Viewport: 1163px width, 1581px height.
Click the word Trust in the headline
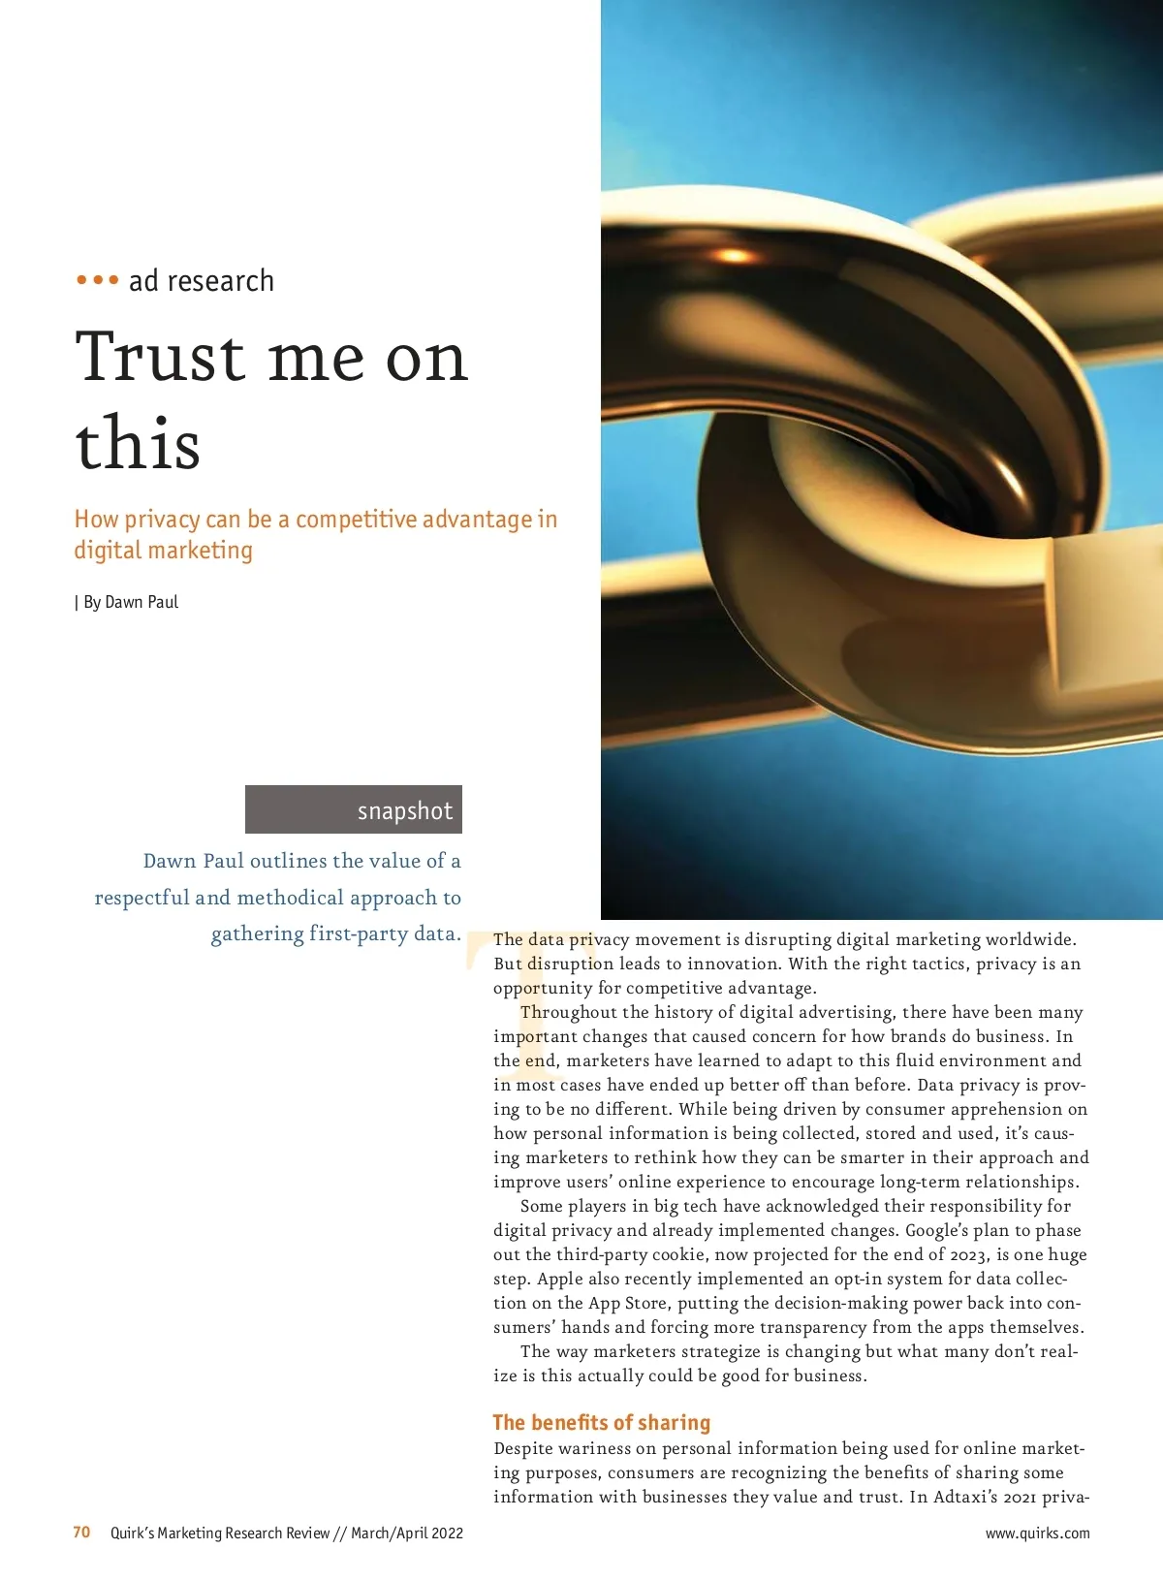[161, 357]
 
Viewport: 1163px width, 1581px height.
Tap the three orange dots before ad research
[97, 280]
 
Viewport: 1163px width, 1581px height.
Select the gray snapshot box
[354, 809]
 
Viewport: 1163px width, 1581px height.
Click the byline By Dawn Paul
[130, 602]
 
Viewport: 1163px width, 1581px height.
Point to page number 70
[81, 1533]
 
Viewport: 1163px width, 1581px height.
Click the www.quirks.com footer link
[1037, 1534]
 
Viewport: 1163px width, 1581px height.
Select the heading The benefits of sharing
[601, 1422]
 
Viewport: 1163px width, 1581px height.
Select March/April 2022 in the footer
[407, 1534]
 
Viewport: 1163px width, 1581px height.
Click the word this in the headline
[138, 444]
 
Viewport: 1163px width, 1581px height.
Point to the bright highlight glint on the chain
[734, 256]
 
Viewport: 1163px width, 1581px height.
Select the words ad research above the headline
[202, 281]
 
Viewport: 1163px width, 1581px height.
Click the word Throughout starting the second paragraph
[568, 1012]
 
